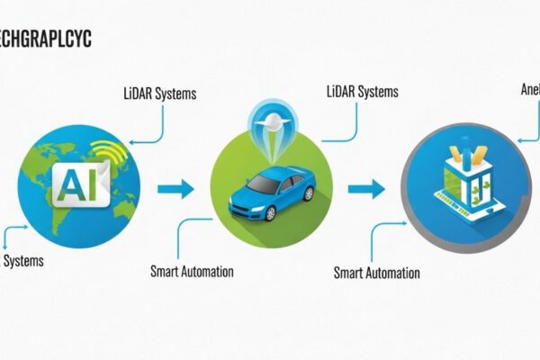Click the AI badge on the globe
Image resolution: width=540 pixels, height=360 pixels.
(x=79, y=184)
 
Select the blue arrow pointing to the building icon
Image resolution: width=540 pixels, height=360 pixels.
(x=365, y=189)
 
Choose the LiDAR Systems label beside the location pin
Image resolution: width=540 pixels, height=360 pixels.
(x=360, y=91)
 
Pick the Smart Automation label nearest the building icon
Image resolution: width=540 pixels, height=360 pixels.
(x=376, y=272)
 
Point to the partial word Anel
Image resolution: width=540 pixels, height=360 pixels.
(x=529, y=90)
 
